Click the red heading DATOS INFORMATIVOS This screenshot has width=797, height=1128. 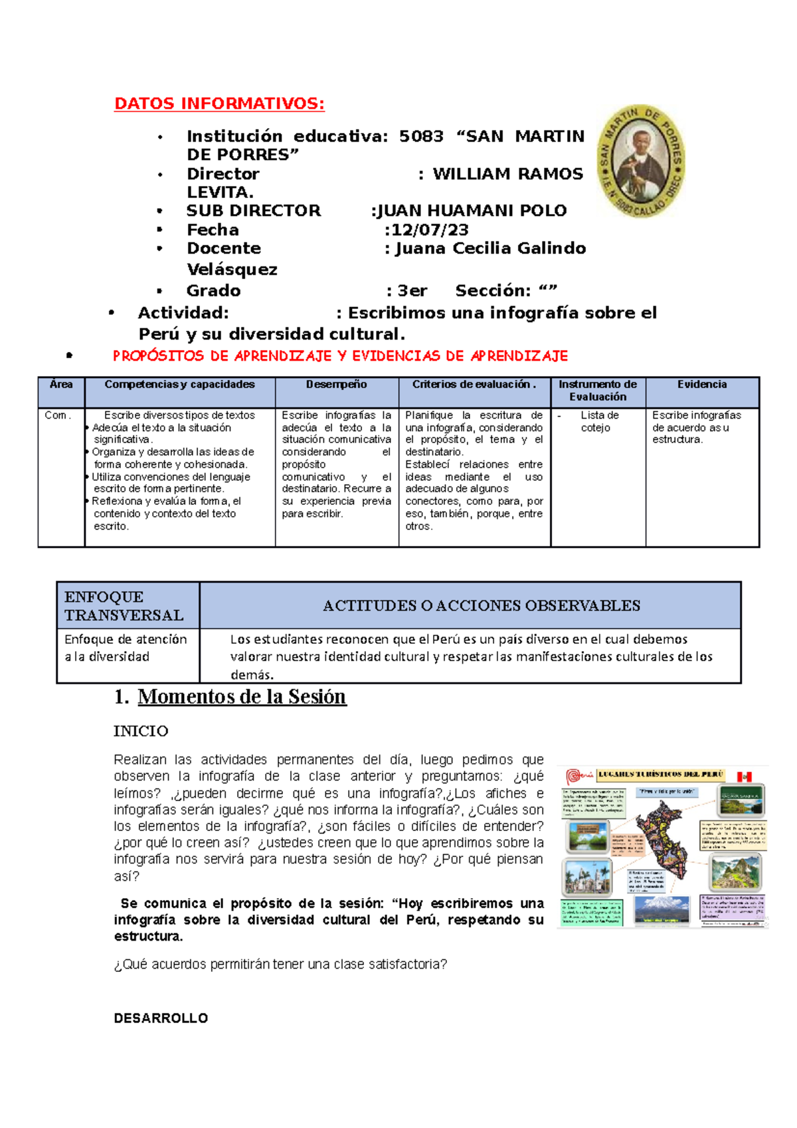tap(219, 104)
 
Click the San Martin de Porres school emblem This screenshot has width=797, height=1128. tap(640, 161)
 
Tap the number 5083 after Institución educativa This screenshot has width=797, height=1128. tap(421, 136)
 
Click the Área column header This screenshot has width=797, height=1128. tap(61, 385)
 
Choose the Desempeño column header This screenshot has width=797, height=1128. tap(336, 385)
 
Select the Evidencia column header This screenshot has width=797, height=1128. tap(701, 385)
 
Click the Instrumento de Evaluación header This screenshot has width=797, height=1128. tap(597, 391)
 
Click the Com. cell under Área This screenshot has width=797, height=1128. tap(57, 415)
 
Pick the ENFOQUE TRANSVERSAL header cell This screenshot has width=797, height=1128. tap(124, 606)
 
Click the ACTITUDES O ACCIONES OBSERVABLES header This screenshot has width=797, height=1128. tap(482, 606)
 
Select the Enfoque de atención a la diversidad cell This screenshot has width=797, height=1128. tap(125, 648)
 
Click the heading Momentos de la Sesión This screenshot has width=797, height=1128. tap(242, 696)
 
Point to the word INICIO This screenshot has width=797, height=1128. tap(141, 731)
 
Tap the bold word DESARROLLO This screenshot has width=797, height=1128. tap(161, 1018)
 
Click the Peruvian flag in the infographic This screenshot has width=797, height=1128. tap(744, 776)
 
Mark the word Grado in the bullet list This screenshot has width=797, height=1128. tap(213, 291)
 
